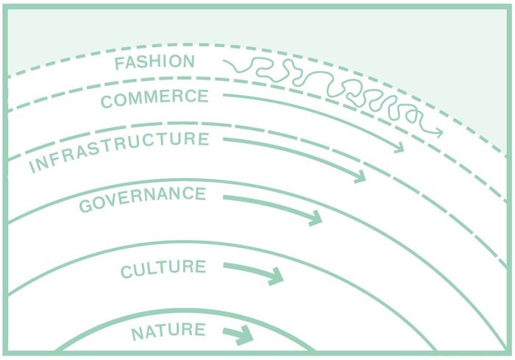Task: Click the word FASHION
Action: [154, 63]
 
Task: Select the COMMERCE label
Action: [154, 98]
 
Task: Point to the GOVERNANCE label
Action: [142, 199]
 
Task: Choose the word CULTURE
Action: [163, 268]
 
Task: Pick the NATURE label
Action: [168, 332]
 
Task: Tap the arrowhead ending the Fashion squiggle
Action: [438, 133]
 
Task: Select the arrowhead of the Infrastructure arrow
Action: [360, 177]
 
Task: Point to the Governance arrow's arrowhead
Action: [316, 218]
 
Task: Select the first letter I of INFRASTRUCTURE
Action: [32, 168]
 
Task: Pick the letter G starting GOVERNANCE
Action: [85, 205]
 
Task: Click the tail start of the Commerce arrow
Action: [224, 94]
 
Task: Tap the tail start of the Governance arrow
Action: [224, 197]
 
